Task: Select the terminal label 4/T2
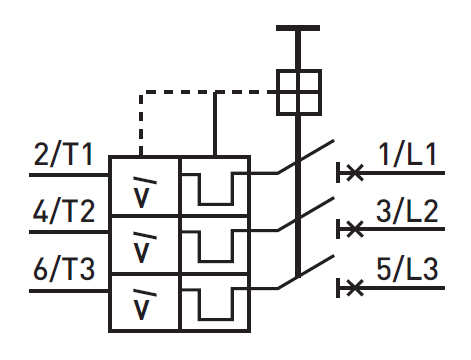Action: pos(64,213)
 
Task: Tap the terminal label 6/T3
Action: pos(64,271)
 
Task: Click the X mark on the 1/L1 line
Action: pos(350,173)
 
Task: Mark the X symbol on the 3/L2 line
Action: pos(350,230)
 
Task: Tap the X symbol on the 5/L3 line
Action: pos(350,288)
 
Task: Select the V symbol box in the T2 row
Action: pos(145,243)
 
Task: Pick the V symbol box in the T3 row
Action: pos(145,300)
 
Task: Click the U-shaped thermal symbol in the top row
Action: pos(213,187)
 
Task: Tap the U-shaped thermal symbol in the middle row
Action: pos(213,244)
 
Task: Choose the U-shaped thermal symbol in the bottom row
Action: pos(213,301)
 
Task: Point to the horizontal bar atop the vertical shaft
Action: pos(297,30)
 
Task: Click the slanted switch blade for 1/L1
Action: pos(304,160)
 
